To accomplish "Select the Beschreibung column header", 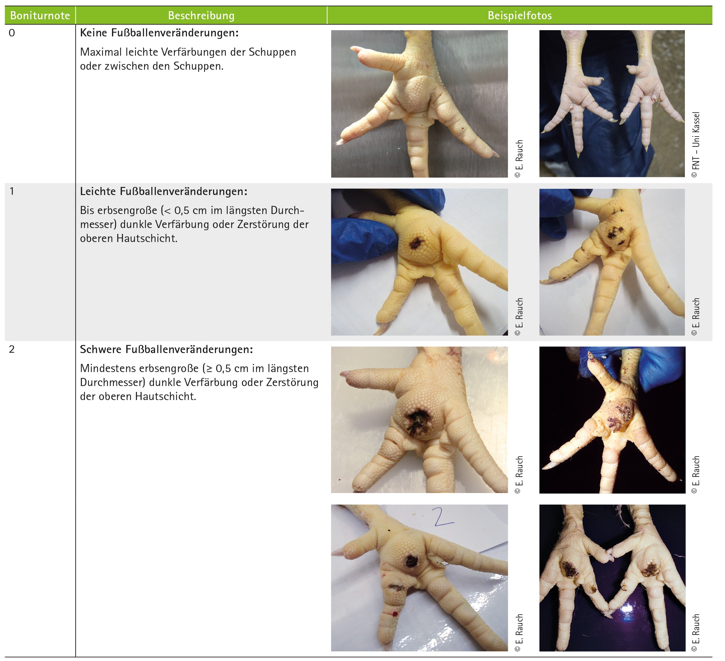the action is (202, 16).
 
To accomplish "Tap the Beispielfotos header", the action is (520, 16).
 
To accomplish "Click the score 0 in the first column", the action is (12, 33).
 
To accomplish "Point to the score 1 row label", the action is (12, 191).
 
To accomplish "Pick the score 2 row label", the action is (12, 350).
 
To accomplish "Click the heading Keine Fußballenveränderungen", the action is (159, 33).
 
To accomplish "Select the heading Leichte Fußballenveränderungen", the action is (164, 191).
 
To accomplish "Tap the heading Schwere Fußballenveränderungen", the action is (166, 350).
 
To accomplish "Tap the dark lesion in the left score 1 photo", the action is (416, 244).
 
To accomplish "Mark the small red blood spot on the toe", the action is (396, 613).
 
